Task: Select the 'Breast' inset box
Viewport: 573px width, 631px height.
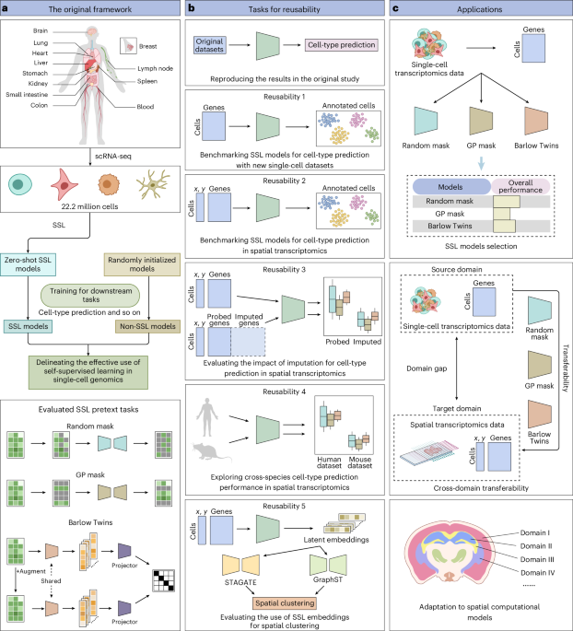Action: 133,43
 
